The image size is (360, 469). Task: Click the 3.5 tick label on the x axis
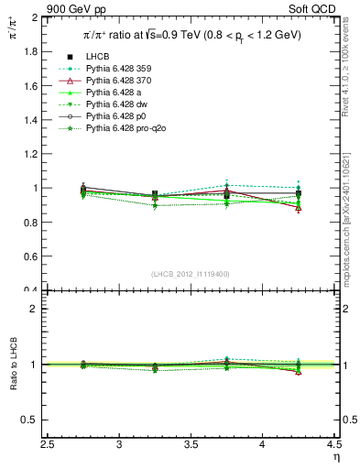point(191,445)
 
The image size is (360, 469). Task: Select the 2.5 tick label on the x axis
point(48,445)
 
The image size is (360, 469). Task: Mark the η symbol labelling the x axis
point(336,457)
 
